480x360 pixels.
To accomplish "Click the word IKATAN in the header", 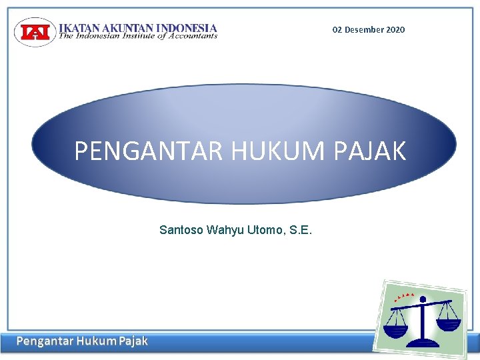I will click(x=78, y=28).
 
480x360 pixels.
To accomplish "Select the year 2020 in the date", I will click(x=395, y=30).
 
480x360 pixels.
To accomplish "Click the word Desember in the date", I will click(x=364, y=30).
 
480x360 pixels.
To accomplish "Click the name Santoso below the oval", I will click(x=181, y=231).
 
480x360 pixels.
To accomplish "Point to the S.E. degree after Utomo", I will click(x=299, y=231).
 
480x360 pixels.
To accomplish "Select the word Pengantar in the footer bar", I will click(x=45, y=342).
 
